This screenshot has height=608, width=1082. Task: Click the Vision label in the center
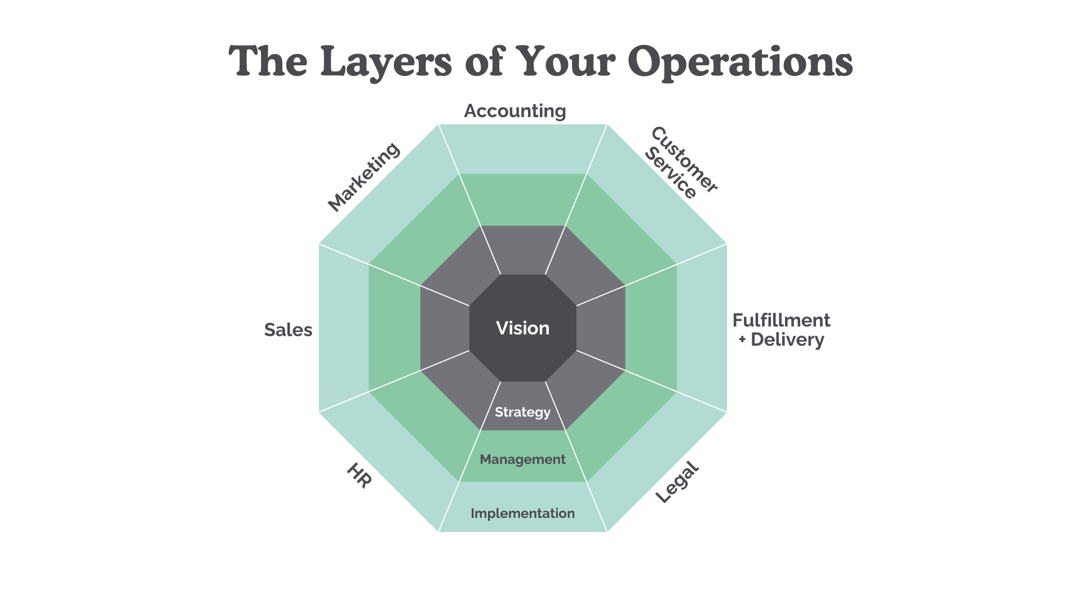(x=522, y=328)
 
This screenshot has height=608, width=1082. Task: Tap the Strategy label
(x=522, y=412)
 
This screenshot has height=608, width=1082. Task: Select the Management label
(x=522, y=459)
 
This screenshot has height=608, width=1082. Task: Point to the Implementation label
(x=522, y=513)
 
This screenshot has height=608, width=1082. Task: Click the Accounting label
(x=515, y=111)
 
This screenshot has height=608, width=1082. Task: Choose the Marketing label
(x=363, y=177)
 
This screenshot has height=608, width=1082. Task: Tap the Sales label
(x=288, y=330)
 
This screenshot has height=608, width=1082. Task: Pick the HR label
(x=358, y=476)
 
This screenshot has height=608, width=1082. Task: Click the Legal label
(x=677, y=482)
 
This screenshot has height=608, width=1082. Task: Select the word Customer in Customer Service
(x=685, y=159)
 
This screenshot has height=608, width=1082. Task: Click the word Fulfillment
(x=781, y=320)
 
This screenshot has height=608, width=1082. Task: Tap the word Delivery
(x=787, y=339)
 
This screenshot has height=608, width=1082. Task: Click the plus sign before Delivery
(x=742, y=339)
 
